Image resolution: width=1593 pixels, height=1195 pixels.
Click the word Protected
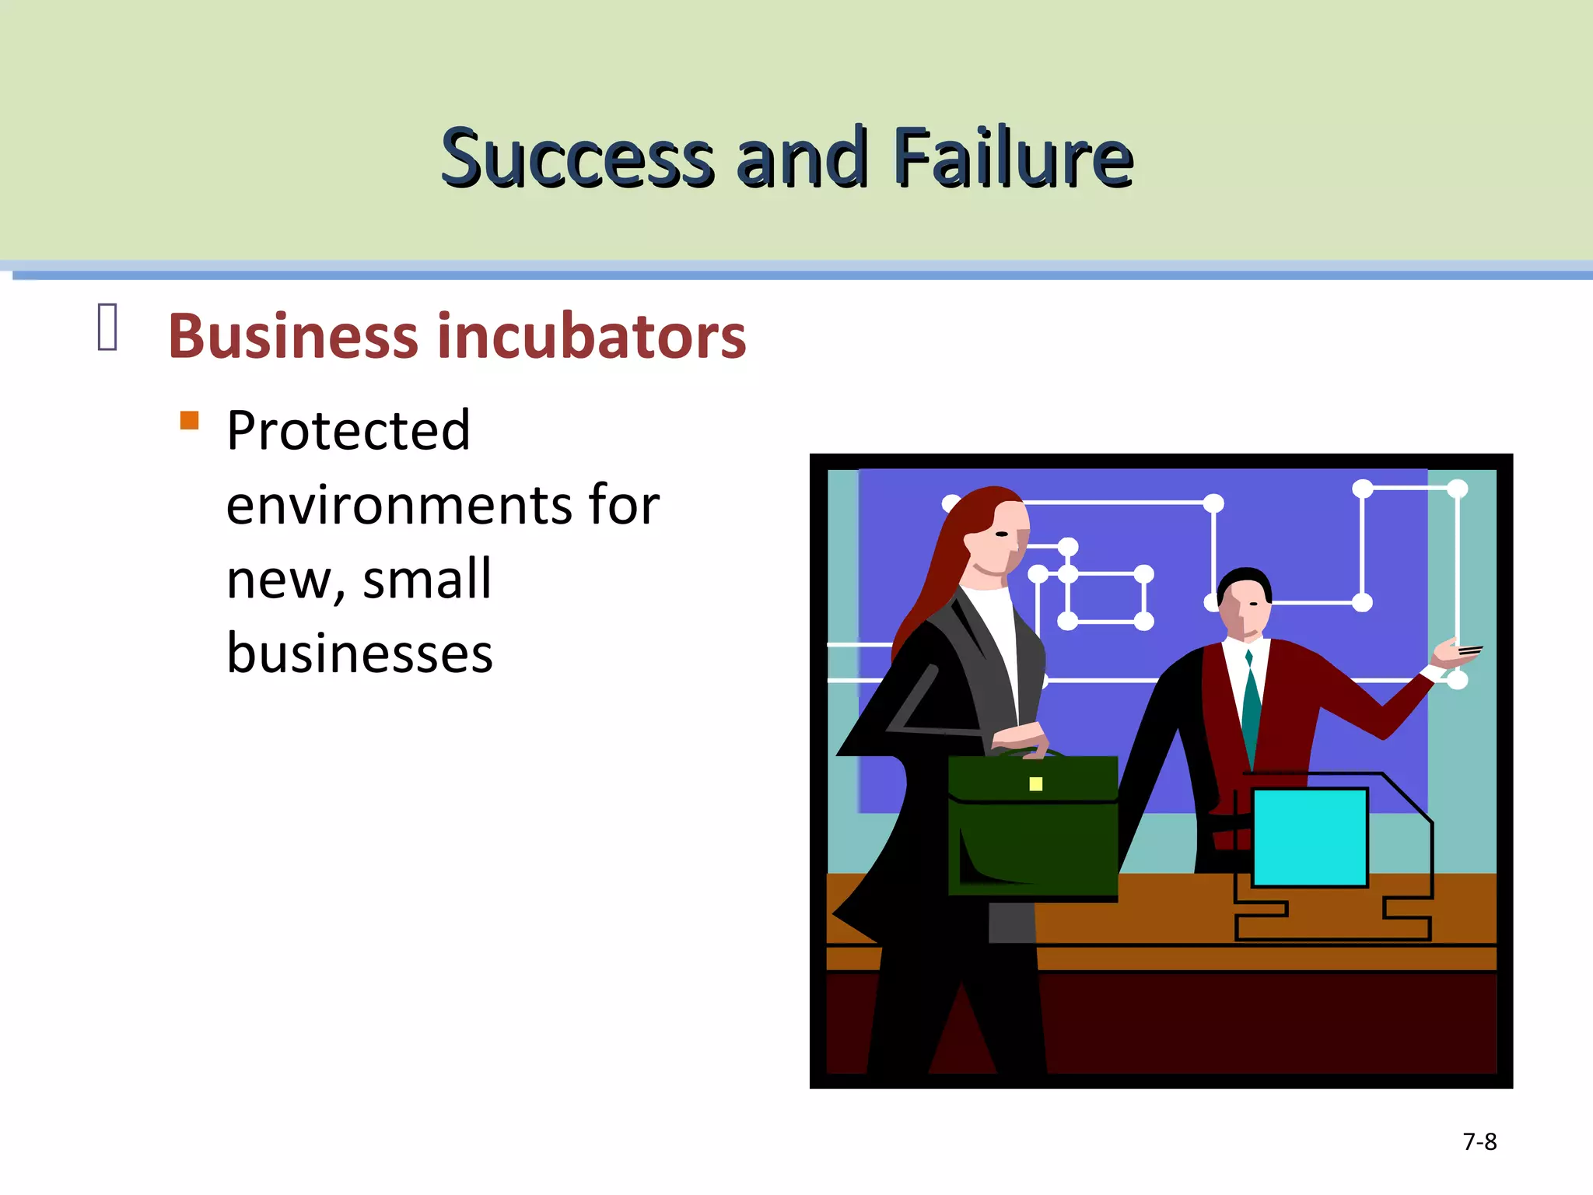coord(348,430)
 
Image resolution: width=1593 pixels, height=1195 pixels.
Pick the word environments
coord(390,505)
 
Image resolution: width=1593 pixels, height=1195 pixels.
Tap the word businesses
coord(359,653)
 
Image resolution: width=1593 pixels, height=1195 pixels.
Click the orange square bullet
coord(189,420)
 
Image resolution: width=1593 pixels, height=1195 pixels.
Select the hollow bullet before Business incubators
coord(107,327)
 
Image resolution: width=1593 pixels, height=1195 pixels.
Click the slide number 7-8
coord(1479,1141)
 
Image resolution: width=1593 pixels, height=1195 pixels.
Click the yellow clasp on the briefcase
coord(1035,784)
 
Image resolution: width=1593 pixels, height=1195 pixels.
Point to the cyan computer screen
coord(1310,837)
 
